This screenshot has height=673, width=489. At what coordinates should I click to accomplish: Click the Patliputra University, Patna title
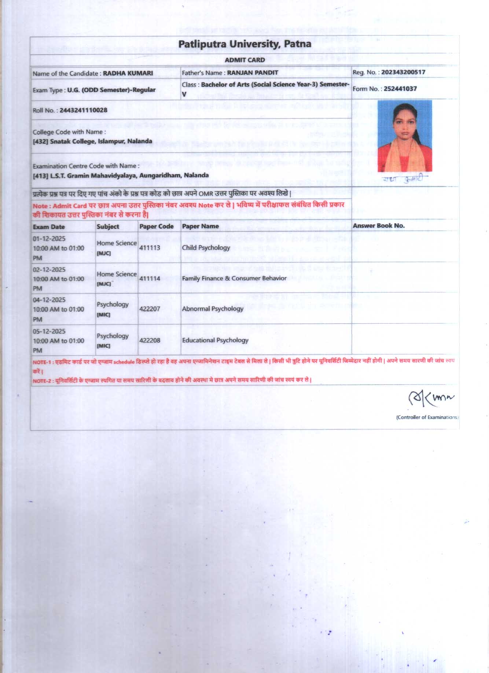pyautogui.click(x=244, y=44)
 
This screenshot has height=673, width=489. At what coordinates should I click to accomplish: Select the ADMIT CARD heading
pyautogui.click(x=244, y=60)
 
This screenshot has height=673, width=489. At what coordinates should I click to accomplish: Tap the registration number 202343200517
pyautogui.click(x=403, y=72)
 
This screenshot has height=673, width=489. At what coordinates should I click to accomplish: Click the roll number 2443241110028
pyautogui.click(x=84, y=110)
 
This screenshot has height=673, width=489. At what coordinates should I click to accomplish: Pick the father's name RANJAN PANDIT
pyautogui.click(x=253, y=73)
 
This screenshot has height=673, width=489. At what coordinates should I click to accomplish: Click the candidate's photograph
pyautogui.click(x=405, y=135)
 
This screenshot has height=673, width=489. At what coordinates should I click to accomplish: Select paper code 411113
pyautogui.click(x=150, y=248)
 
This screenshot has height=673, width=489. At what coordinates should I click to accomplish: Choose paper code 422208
pyautogui.click(x=150, y=341)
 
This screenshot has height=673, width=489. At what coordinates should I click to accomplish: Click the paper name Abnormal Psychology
pyautogui.click(x=213, y=309)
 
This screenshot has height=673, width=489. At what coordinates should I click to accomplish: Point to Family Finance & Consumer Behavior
pyautogui.click(x=234, y=279)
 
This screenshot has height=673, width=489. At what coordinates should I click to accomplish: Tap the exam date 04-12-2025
pyautogui.click(x=49, y=300)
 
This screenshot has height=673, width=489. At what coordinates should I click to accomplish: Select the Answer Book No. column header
pyautogui.click(x=378, y=226)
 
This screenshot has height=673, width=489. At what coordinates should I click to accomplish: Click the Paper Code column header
pyautogui.click(x=157, y=227)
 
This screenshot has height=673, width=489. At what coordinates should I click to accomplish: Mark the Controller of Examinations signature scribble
pyautogui.click(x=430, y=398)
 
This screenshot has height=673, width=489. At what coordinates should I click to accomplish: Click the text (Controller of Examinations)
pyautogui.click(x=427, y=417)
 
